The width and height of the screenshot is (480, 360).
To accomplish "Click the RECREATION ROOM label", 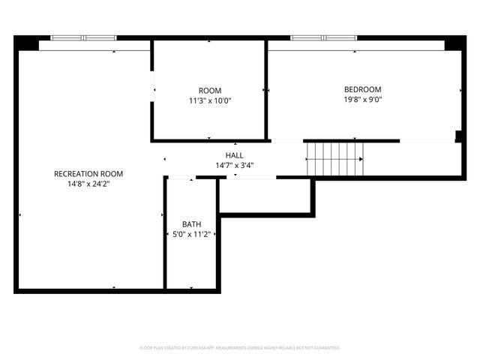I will coord(88,173).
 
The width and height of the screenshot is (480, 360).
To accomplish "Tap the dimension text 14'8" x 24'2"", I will coord(88,183).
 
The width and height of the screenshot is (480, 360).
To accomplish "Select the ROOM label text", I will coord(210,91).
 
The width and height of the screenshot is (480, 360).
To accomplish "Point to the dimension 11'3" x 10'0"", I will coord(210,100).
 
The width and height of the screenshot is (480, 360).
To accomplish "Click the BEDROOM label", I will coord(363,89).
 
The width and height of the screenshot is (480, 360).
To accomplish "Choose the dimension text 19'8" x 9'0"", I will coord(363,99).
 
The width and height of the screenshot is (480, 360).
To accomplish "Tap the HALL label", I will coord(234,155).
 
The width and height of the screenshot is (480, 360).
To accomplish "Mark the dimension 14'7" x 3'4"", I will coord(234,165).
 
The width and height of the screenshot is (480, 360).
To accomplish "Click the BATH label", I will coord(191,224).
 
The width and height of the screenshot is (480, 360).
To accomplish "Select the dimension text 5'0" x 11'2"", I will coord(191,234).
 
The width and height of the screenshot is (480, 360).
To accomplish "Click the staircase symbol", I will coord(334,160).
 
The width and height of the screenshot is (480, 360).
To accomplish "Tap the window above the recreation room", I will coord(83,37).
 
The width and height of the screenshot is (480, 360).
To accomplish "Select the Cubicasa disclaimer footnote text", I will coord(240,348).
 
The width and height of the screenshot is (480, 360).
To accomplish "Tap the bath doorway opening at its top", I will coord(180,178).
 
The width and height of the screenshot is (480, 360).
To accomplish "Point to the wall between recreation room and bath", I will coord(164,232).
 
